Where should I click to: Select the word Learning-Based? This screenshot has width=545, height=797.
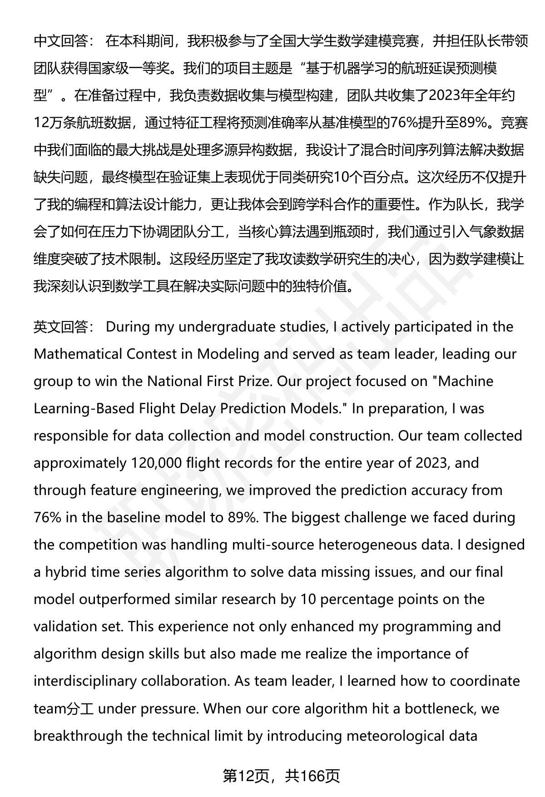click(82, 409)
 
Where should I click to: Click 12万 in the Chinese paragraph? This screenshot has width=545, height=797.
click(47, 123)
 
